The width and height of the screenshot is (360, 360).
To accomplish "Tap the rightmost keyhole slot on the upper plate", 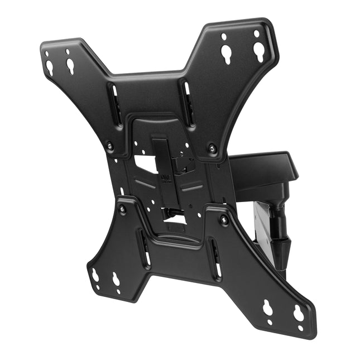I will click(258, 51).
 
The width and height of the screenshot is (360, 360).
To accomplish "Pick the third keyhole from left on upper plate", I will click(227, 54).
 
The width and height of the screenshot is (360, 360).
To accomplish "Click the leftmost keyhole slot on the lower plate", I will click(95, 275).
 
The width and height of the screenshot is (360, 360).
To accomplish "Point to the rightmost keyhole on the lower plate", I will click(299, 313).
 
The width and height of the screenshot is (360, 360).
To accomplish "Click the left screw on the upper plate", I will click(110, 146).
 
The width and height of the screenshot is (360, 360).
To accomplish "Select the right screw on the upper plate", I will click(212, 148).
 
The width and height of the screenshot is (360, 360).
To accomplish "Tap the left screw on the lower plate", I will click(122, 209).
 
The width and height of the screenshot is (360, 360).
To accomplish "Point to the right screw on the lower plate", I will click(224, 220).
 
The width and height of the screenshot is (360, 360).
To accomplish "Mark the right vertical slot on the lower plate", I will click(215, 259).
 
